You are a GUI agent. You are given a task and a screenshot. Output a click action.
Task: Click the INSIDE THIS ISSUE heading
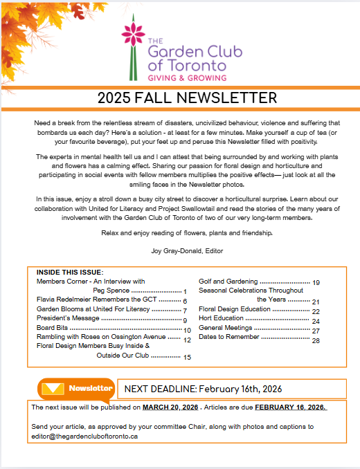point(69,272)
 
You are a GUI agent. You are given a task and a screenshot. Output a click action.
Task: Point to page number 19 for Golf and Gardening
point(316,283)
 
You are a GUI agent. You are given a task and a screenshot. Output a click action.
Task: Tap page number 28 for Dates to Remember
point(316,340)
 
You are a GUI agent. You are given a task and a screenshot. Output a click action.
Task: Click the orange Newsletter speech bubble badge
point(76,389)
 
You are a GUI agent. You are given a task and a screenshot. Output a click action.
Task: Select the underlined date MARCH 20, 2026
point(170,407)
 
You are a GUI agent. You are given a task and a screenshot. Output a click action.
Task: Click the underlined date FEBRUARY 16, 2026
point(290,407)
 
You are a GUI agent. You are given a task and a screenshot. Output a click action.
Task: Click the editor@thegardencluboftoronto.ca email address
point(85,436)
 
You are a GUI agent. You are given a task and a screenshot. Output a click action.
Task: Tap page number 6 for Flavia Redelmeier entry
point(186,302)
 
